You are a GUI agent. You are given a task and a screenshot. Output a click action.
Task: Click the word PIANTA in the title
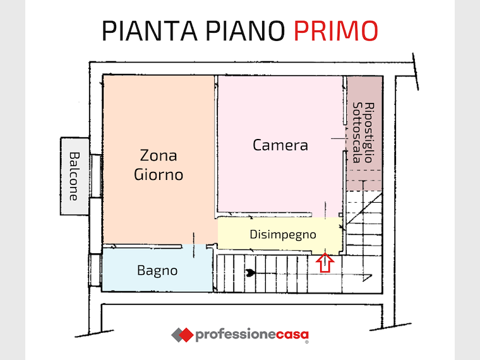150,31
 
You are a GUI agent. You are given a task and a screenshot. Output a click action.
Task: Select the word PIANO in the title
246,31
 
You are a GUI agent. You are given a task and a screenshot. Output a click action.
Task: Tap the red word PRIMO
336,31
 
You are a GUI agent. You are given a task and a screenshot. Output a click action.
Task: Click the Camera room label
280,145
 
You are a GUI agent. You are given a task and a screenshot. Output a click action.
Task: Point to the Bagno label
157,271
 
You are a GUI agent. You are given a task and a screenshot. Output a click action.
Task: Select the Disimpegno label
283,235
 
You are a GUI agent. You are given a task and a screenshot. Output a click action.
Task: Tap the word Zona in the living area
159,155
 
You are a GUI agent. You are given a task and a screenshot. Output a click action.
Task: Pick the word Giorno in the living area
159,175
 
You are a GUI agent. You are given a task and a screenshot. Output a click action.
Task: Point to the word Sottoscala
357,133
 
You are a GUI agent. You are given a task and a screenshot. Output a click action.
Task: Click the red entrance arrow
325,263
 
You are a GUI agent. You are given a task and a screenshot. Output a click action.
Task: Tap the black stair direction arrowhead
250,273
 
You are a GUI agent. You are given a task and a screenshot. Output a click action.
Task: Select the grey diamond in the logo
176,335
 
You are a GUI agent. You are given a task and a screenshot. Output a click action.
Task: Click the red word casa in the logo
292,334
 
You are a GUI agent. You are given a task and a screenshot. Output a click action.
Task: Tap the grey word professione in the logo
236,335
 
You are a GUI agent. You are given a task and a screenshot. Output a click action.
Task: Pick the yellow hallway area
280,235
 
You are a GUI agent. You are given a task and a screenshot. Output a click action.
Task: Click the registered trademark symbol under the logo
307,342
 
